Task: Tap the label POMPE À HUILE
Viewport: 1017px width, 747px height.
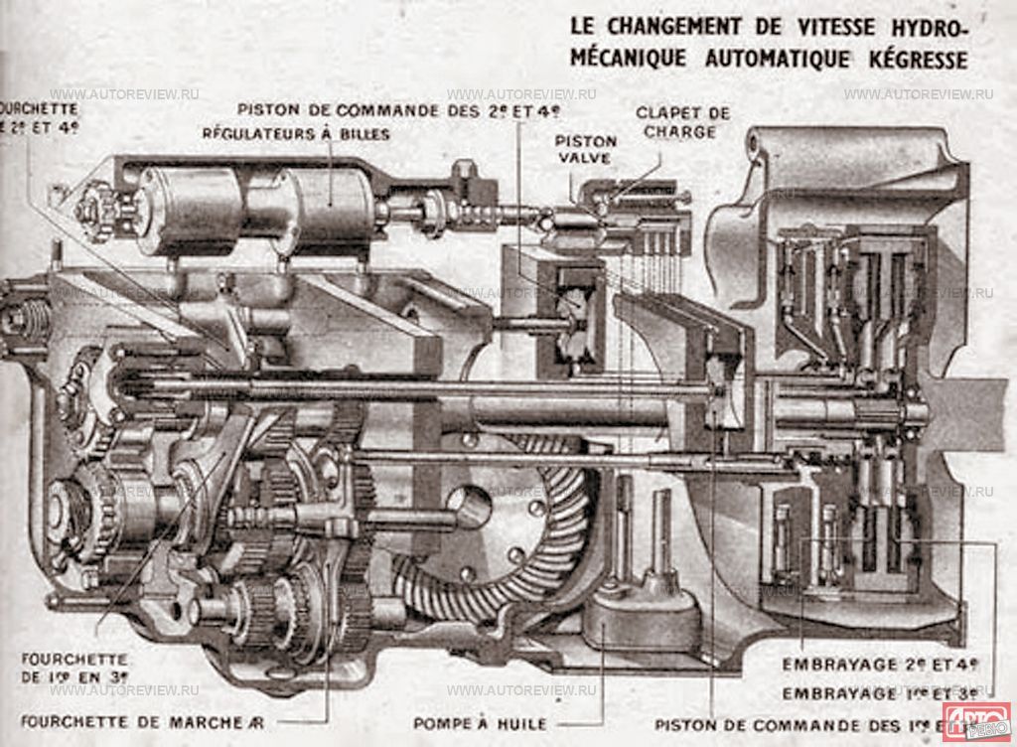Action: point(480,724)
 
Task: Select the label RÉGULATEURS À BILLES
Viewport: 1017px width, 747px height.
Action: point(296,133)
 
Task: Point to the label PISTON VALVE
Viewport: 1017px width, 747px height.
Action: point(585,149)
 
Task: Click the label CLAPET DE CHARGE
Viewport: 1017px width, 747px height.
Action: point(682,122)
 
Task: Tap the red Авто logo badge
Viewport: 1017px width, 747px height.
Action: point(975,719)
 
